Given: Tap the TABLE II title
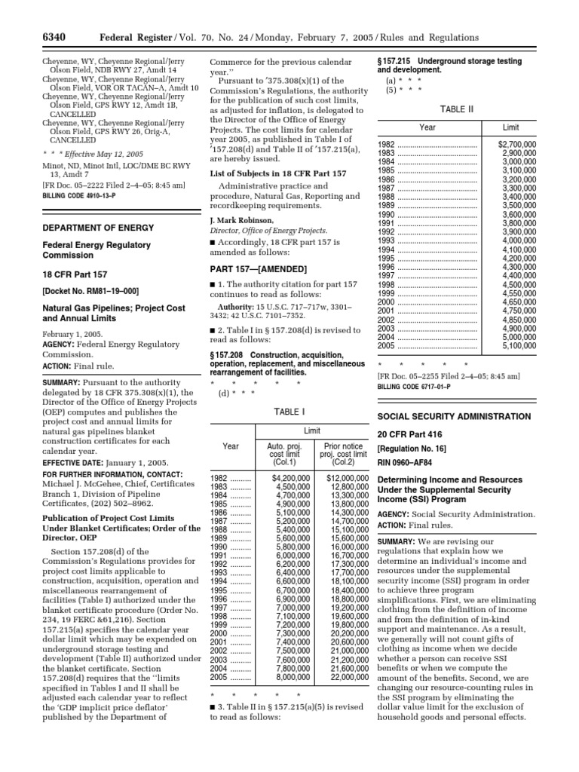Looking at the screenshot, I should pos(458,108).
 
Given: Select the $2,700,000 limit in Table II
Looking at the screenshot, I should pos(517,143).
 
